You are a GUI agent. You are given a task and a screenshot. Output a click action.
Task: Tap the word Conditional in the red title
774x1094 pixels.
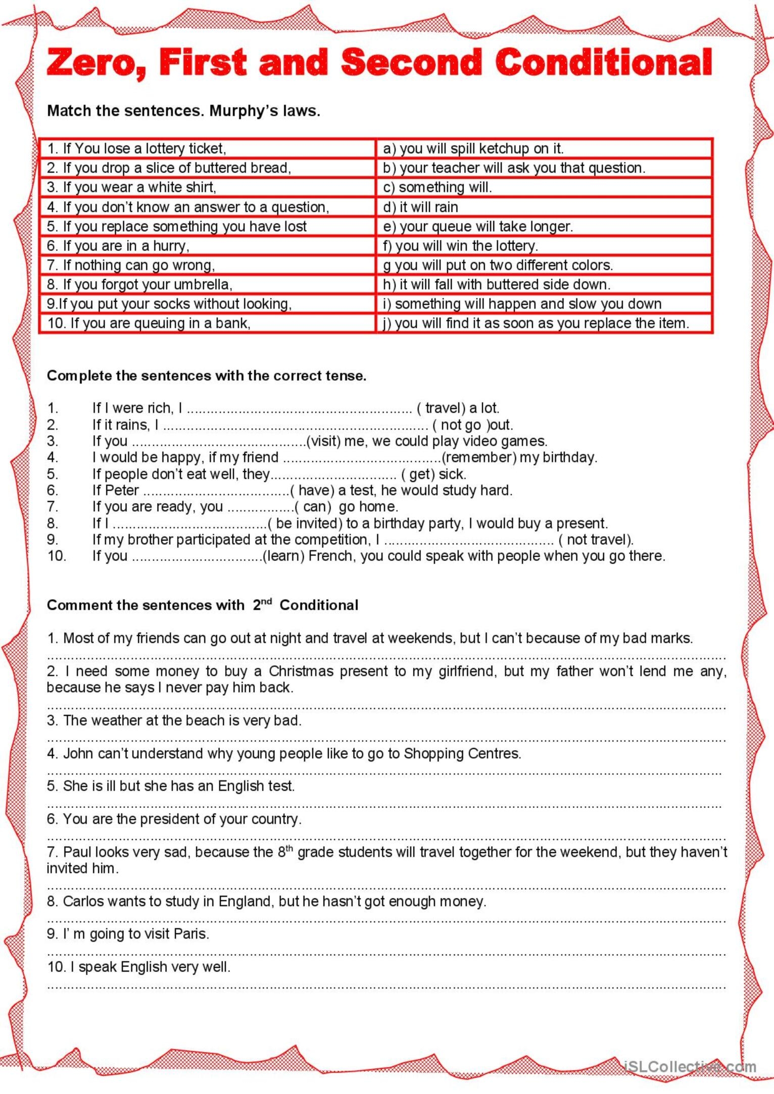pyautogui.click(x=603, y=63)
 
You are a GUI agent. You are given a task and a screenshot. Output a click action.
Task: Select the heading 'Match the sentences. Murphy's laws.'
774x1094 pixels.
pyautogui.click(x=183, y=111)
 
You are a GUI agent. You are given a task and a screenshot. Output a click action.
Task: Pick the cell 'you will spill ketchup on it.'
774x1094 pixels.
pyautogui.click(x=473, y=148)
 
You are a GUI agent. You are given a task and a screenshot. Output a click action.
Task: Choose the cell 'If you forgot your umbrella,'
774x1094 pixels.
pyautogui.click(x=139, y=285)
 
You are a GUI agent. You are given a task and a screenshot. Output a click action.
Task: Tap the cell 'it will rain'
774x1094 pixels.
pyautogui.click(x=421, y=207)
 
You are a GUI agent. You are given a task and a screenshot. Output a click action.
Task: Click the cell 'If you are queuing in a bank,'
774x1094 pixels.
pyautogui.click(x=149, y=323)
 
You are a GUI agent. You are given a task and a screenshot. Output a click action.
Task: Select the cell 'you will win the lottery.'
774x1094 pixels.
pyautogui.click(x=461, y=246)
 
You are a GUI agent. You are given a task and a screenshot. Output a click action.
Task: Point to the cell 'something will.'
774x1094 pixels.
pyautogui.click(x=438, y=187)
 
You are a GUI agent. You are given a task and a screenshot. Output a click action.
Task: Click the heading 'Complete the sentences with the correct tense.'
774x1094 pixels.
pyautogui.click(x=206, y=376)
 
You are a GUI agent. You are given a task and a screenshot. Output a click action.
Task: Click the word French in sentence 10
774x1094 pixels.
pyautogui.click(x=330, y=556)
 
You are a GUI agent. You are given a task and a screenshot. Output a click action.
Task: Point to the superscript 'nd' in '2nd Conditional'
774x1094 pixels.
pyautogui.click(x=267, y=601)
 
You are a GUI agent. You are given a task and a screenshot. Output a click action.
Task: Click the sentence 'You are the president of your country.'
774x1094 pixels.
pyautogui.click(x=174, y=819)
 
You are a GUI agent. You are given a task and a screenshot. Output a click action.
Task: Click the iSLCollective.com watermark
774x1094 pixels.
pyautogui.click(x=690, y=1066)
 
